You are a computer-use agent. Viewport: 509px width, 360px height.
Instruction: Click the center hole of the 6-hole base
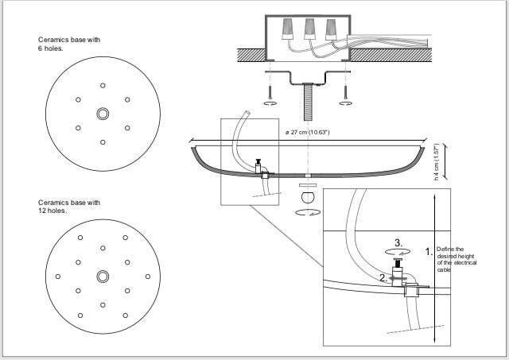pyautogui.click(x=103, y=114)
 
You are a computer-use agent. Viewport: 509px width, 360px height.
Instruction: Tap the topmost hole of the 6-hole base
pyautogui.click(x=103, y=85)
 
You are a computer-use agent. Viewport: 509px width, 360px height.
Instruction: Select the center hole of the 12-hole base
pyautogui.click(x=103, y=276)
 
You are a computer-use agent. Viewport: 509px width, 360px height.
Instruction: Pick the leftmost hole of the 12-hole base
pyautogui.click(x=57, y=276)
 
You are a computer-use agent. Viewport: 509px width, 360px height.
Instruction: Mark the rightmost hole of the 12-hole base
pyautogui.click(x=148, y=276)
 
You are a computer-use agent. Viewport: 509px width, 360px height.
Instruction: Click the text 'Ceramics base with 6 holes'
pyautogui.click(x=69, y=44)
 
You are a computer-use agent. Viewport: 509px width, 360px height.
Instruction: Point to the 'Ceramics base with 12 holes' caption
pyautogui.click(x=69, y=207)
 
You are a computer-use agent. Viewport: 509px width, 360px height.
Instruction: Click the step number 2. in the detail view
pyautogui.click(x=383, y=278)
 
